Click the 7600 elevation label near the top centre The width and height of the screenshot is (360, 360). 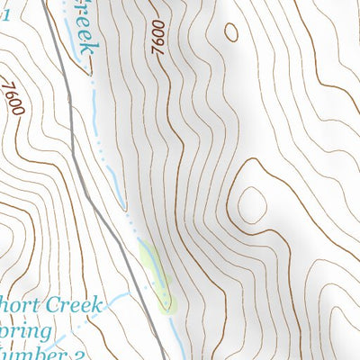pyautogui.click(x=159, y=40)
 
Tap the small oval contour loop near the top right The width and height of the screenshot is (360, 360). pyautogui.click(x=231, y=32)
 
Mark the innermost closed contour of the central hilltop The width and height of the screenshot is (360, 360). pyautogui.click(x=253, y=202)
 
